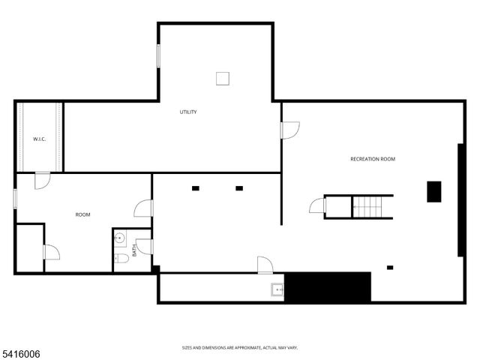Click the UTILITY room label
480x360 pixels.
(x=187, y=112)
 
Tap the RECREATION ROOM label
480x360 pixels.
(x=373, y=159)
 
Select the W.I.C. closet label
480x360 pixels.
(x=40, y=139)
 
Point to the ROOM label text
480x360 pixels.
(x=82, y=215)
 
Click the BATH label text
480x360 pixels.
(x=134, y=250)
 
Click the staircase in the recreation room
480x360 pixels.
(x=373, y=206)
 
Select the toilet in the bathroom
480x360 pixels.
(x=121, y=259)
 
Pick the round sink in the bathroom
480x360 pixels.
(x=120, y=239)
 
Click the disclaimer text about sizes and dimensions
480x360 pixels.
(x=240, y=347)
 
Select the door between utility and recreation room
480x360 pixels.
(x=289, y=130)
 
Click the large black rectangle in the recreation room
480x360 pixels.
(x=434, y=191)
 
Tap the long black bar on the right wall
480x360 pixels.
(x=460, y=201)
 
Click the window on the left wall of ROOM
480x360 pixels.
(x=15, y=198)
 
